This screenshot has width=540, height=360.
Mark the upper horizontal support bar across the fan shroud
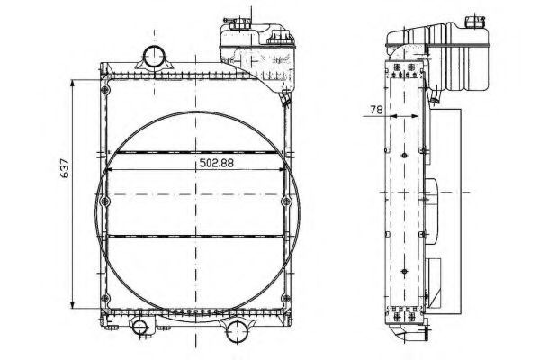pyautogui.click(x=195, y=151)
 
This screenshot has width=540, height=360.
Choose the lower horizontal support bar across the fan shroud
pyautogui.click(x=195, y=236)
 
